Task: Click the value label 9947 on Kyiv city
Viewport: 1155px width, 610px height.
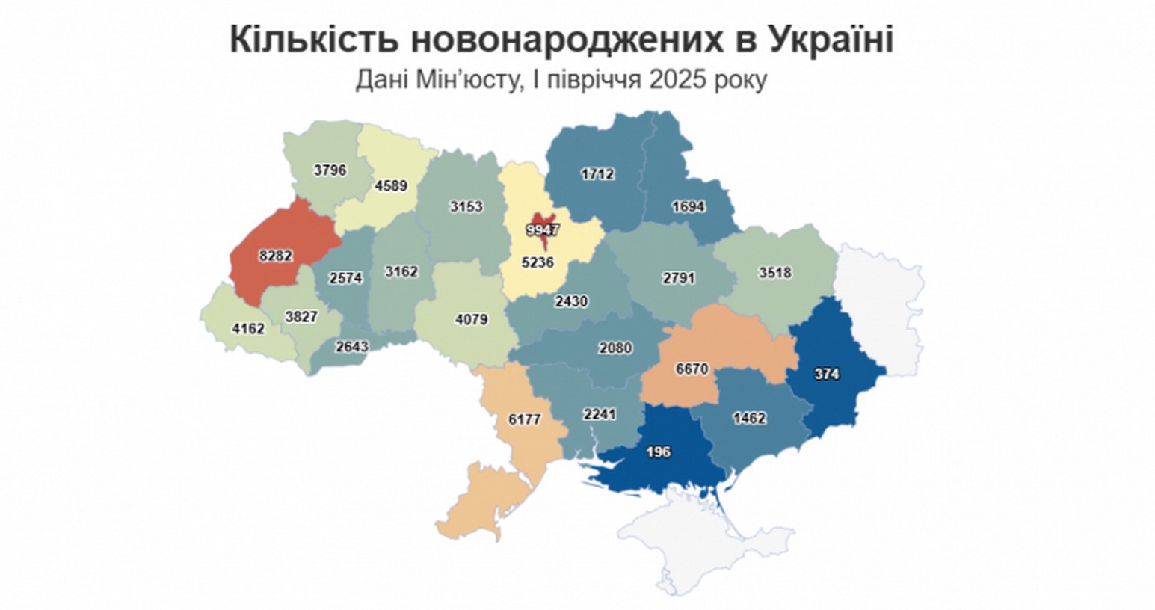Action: tap(542, 230)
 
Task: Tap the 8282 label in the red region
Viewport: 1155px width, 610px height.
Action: tap(275, 256)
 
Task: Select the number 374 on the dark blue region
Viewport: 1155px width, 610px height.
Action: tap(826, 375)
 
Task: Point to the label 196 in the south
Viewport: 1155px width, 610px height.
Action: tap(659, 452)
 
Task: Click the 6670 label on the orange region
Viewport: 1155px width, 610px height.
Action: tap(692, 369)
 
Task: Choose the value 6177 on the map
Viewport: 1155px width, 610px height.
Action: tap(524, 419)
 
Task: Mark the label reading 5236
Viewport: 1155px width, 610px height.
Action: tap(538, 262)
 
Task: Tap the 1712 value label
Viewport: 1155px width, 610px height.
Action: tap(597, 174)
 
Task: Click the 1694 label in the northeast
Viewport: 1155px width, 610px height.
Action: tap(688, 206)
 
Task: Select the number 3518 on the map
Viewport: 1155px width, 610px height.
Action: tap(774, 273)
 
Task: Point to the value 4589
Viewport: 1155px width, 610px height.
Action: tap(391, 186)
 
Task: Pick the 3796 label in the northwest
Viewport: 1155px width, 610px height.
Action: tap(330, 170)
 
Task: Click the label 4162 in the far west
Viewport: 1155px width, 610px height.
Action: tap(248, 327)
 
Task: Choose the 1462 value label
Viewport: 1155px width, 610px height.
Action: tap(749, 418)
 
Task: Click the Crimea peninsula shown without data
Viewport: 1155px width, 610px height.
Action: tap(695, 542)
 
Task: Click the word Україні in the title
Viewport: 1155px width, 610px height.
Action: tap(830, 40)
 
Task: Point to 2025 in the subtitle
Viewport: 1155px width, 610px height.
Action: tap(682, 79)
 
